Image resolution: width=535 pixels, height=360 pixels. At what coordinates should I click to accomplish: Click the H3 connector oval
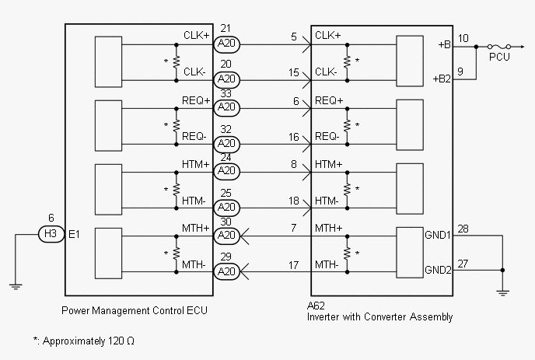pos(51,233)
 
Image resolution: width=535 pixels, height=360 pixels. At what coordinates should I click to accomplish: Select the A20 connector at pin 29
pos(226,271)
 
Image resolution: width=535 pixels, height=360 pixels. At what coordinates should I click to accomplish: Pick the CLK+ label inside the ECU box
pos(196,36)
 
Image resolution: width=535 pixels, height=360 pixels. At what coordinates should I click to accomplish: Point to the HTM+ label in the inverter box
pos(328,164)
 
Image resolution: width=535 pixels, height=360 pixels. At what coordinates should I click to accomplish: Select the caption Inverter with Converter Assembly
pos(380,317)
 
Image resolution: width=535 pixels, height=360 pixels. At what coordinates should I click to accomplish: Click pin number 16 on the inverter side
pos(294,137)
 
